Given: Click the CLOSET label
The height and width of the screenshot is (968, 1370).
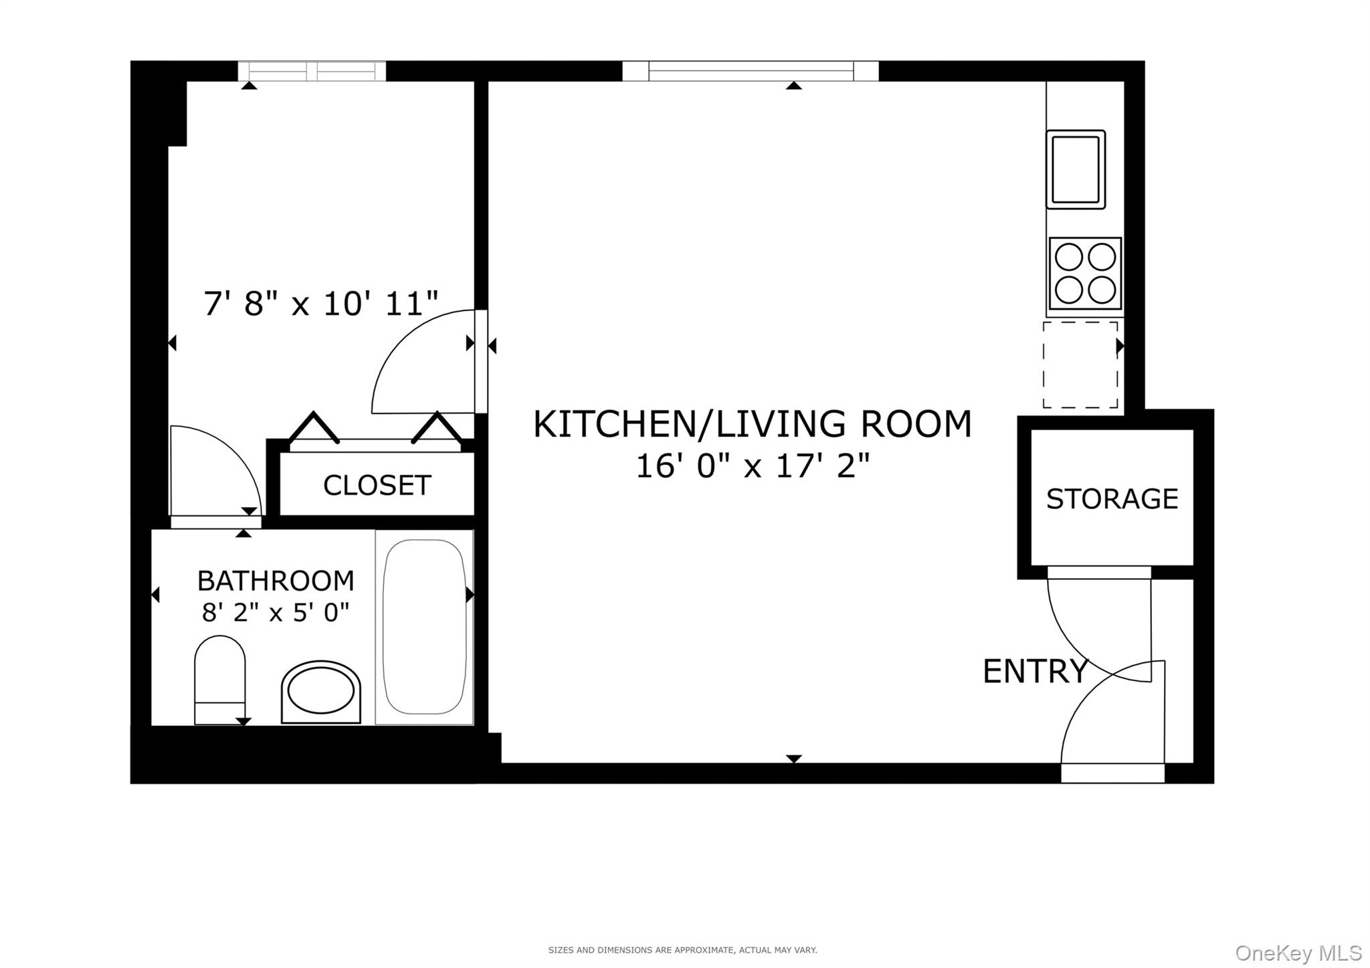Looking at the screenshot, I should pos(377,486).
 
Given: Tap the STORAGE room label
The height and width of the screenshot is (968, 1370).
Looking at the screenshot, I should pos(1112,499).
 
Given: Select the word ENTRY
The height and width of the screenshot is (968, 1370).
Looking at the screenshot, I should pos(1035,671).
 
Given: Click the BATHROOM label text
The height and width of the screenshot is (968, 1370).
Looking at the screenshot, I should pos(276,581).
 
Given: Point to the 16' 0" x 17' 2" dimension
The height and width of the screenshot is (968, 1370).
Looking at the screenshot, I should pos(753,466).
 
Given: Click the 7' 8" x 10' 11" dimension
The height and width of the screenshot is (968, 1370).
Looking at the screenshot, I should pos(320,304).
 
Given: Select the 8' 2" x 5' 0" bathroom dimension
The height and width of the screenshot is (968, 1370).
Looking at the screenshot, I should pos(276,611).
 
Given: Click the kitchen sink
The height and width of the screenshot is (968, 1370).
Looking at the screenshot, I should pos(1075,169).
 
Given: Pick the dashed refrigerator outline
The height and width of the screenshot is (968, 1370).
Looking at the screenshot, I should pos(1080,365).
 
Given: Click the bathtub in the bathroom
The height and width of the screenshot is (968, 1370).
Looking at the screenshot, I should pos(424,627).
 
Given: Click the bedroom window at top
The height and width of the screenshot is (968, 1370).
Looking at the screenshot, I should pos(312,71).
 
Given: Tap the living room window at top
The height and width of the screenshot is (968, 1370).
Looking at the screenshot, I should pos(750,71).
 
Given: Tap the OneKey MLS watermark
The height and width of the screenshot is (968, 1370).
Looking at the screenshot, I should pos(1298,952).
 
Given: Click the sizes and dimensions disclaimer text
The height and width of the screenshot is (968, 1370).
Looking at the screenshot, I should pos(682,950).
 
